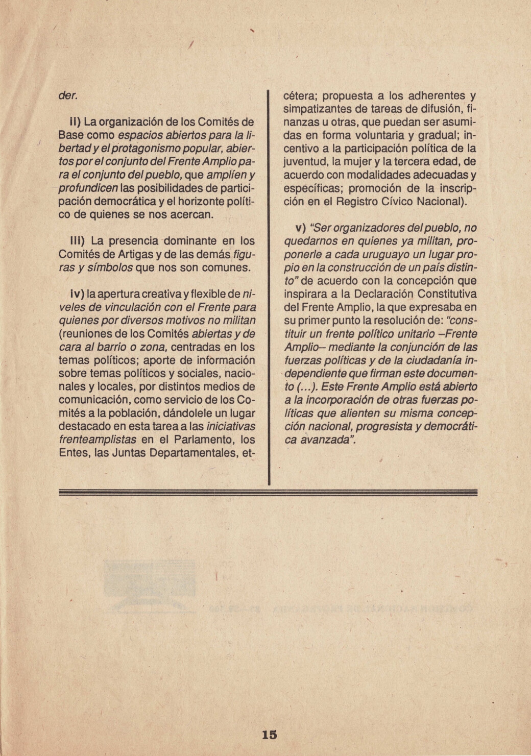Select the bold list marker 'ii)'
tap(75, 123)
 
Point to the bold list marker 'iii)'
tap(77, 240)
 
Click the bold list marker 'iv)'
tap(77, 295)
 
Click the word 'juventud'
tap(304, 162)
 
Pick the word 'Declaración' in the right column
tap(384, 294)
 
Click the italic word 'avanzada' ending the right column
tap(320, 440)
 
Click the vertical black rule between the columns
tap(269, 286)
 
